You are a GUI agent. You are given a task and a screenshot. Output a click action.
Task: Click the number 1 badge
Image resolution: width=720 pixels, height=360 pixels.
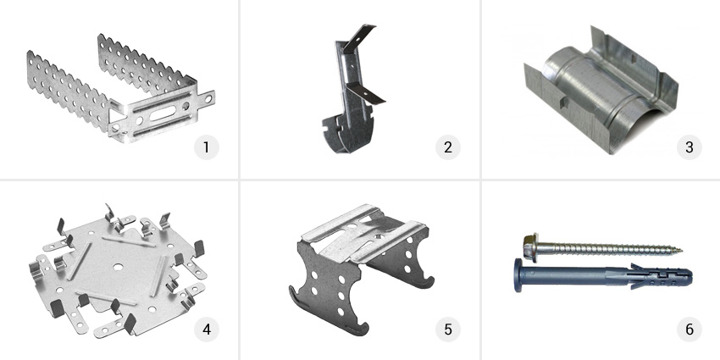(206, 147)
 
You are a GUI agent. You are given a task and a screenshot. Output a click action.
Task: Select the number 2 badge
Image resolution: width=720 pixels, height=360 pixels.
(448, 147)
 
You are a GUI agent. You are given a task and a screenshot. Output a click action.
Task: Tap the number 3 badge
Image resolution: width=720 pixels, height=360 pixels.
(690, 147)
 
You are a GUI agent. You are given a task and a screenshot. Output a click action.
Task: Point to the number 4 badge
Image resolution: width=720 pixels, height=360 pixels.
(206, 330)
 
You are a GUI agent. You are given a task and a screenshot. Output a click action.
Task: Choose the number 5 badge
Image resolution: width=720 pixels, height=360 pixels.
(448, 330)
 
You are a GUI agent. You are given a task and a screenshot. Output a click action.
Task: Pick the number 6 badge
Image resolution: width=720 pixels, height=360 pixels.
(690, 330)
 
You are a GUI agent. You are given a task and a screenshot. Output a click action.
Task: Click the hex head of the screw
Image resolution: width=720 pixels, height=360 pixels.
(531, 242)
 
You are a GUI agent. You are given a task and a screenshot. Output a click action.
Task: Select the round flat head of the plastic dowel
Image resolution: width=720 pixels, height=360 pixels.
(518, 275)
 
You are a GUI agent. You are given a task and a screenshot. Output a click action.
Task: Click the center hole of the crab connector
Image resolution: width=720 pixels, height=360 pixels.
(119, 266)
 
